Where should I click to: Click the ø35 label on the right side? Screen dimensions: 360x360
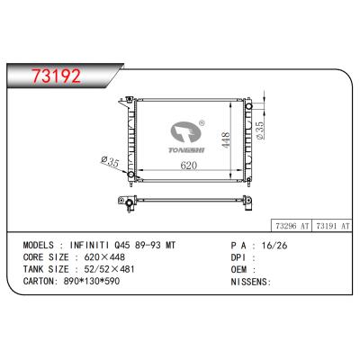click(x=260, y=131)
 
